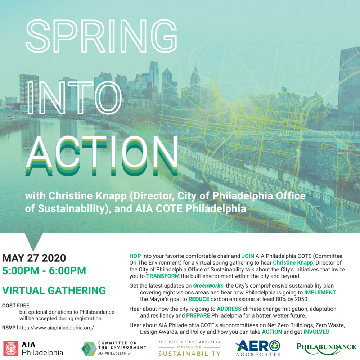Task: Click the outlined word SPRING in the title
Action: [x=101, y=36]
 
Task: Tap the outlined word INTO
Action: [x=75, y=98]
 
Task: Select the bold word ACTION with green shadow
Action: [x=102, y=156]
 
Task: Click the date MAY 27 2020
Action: [x=34, y=258]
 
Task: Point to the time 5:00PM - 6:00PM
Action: [x=44, y=271]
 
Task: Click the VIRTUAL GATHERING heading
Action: [x=54, y=291]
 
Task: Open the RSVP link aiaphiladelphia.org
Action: [x=55, y=328]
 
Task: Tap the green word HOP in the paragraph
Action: [x=135, y=256]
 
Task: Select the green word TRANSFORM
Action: [x=163, y=276]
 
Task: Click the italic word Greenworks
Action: [x=208, y=285]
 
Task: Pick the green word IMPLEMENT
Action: [x=320, y=292]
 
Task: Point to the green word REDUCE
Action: [x=199, y=299]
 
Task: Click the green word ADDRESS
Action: [x=229, y=309]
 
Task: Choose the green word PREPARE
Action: [x=198, y=315]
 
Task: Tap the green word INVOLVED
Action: [x=316, y=332]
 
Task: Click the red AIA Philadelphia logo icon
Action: [x=11, y=348]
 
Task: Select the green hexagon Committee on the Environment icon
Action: [x=89, y=349]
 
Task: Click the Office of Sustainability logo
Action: [x=189, y=348]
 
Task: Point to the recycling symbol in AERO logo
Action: [x=275, y=346]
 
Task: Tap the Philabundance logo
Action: [x=326, y=348]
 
